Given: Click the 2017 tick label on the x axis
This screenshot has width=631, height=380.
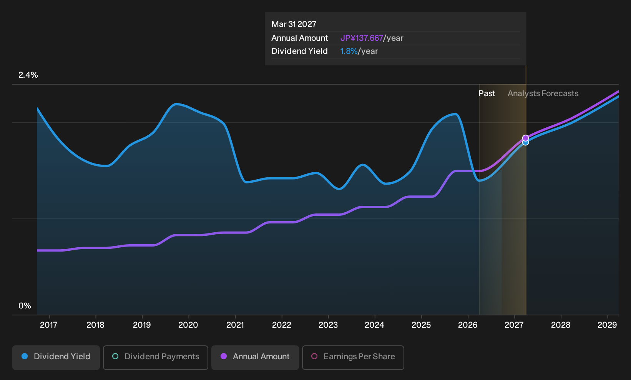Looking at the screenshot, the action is point(49,325).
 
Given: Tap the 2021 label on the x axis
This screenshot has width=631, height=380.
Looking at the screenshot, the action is point(235,325).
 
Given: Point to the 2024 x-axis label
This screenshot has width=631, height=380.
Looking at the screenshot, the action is point(374,325).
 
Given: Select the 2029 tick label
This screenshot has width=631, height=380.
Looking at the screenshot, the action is point(607,325).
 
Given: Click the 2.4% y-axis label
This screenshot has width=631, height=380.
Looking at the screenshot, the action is point(28,75).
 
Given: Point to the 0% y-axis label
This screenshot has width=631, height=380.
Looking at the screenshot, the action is point(25,306).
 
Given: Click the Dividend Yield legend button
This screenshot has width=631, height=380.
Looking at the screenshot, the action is point(56,357).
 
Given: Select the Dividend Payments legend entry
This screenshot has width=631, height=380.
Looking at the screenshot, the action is point(156,357).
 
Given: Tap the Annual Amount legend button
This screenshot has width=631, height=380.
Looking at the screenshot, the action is point(255,357).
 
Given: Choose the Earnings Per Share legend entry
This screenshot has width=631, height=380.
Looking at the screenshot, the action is point(353,357).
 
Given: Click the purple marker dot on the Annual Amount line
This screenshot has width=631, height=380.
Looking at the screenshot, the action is point(525,138).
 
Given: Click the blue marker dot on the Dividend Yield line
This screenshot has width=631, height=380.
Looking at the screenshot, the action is point(525,143).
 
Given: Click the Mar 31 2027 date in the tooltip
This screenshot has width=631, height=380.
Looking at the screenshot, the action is point(294,24).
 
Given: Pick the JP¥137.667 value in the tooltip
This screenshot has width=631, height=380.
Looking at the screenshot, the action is point(362,38).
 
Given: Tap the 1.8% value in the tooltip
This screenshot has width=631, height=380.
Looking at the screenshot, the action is point(349,51).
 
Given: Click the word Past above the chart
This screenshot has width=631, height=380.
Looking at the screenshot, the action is point(487,93).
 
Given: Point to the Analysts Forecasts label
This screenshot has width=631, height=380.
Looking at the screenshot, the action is point(543,93).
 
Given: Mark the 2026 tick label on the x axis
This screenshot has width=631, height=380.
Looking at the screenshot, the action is point(468,325).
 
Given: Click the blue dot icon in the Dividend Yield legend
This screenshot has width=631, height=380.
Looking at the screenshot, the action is point(25,356).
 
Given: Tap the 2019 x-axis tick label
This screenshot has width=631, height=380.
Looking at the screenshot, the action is point(142,325).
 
